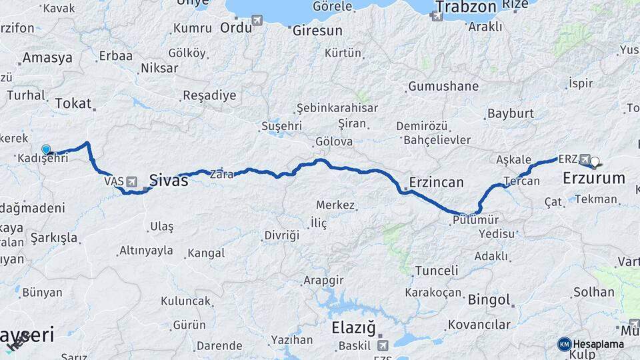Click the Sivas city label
click(168, 179)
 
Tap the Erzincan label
click(436, 182)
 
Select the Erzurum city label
click(594, 178)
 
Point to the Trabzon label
click(466, 7)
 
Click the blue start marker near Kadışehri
click(46, 150)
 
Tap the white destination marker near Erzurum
click(595, 161)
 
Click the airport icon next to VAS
click(131, 181)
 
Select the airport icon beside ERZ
click(585, 159)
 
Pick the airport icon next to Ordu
click(257, 20)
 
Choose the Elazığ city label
click(354, 327)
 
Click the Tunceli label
click(436, 271)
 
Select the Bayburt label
click(511, 113)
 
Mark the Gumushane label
click(443, 86)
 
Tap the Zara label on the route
click(221, 175)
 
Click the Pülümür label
click(475, 219)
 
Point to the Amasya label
click(47, 58)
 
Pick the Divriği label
click(282, 236)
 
